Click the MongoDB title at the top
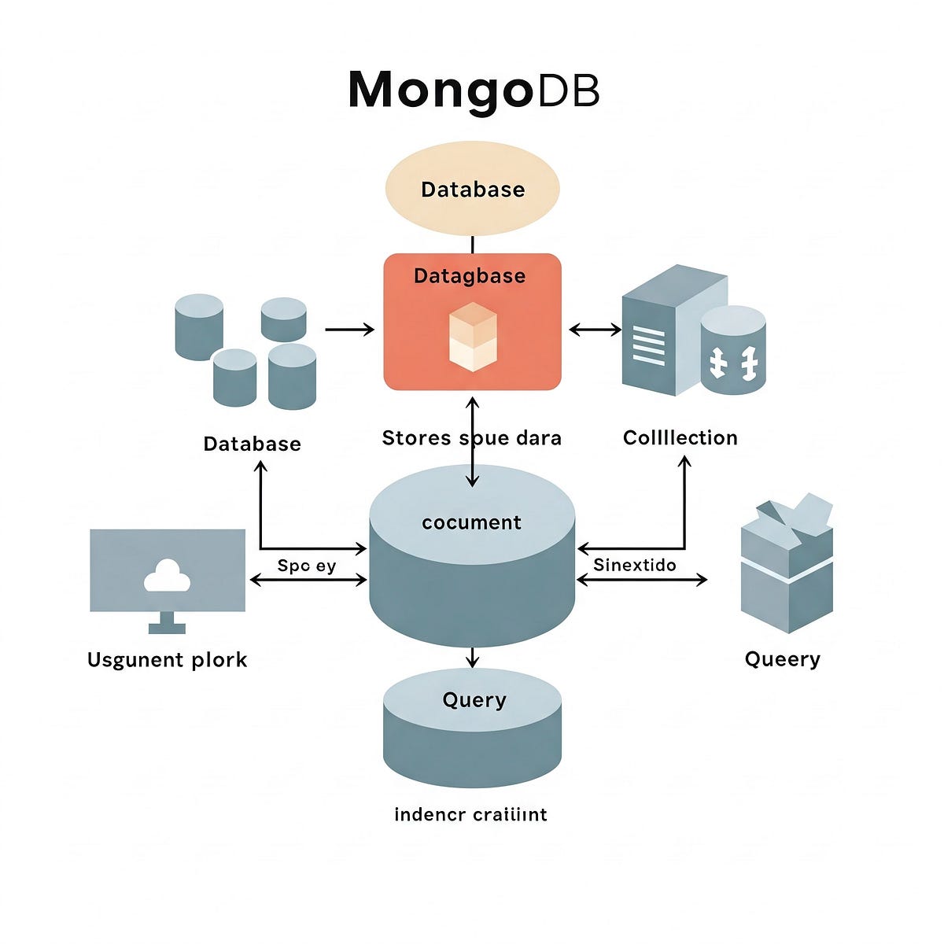pyautogui.click(x=473, y=90)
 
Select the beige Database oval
pyautogui.click(x=472, y=190)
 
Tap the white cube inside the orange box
pyautogui.click(x=472, y=337)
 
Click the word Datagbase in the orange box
pyautogui.click(x=470, y=276)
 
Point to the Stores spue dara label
pyautogui.click(x=471, y=438)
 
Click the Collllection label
pyautogui.click(x=680, y=438)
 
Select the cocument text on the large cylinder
pyautogui.click(x=471, y=523)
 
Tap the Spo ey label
pyautogui.click(x=307, y=566)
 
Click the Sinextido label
pyautogui.click(x=634, y=565)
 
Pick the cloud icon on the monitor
pyautogui.click(x=168, y=577)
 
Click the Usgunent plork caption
pyautogui.click(x=167, y=660)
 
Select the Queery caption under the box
pyautogui.click(x=782, y=659)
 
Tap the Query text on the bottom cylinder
pyautogui.click(x=474, y=700)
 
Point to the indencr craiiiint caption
pyautogui.click(x=470, y=814)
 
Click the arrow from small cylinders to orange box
pyautogui.click(x=349, y=330)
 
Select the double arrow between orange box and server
pyautogui.click(x=595, y=330)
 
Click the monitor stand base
pyautogui.click(x=168, y=628)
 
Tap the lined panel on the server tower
pyautogui.click(x=648, y=346)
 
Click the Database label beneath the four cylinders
pyautogui.click(x=252, y=444)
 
